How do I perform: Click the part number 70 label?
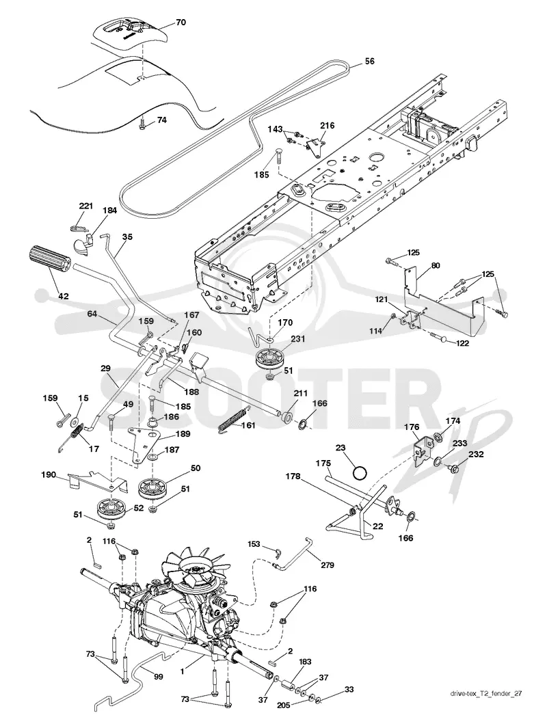point(181,23)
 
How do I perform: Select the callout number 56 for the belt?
point(369,62)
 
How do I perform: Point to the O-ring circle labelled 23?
point(360,474)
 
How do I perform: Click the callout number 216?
point(328,125)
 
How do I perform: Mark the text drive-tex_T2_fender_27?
point(485,707)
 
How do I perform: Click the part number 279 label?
point(327,565)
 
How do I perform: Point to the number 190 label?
point(49,474)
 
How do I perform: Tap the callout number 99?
point(158,677)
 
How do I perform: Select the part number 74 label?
point(161,120)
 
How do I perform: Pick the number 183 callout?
point(305,662)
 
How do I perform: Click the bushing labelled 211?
point(286,415)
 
